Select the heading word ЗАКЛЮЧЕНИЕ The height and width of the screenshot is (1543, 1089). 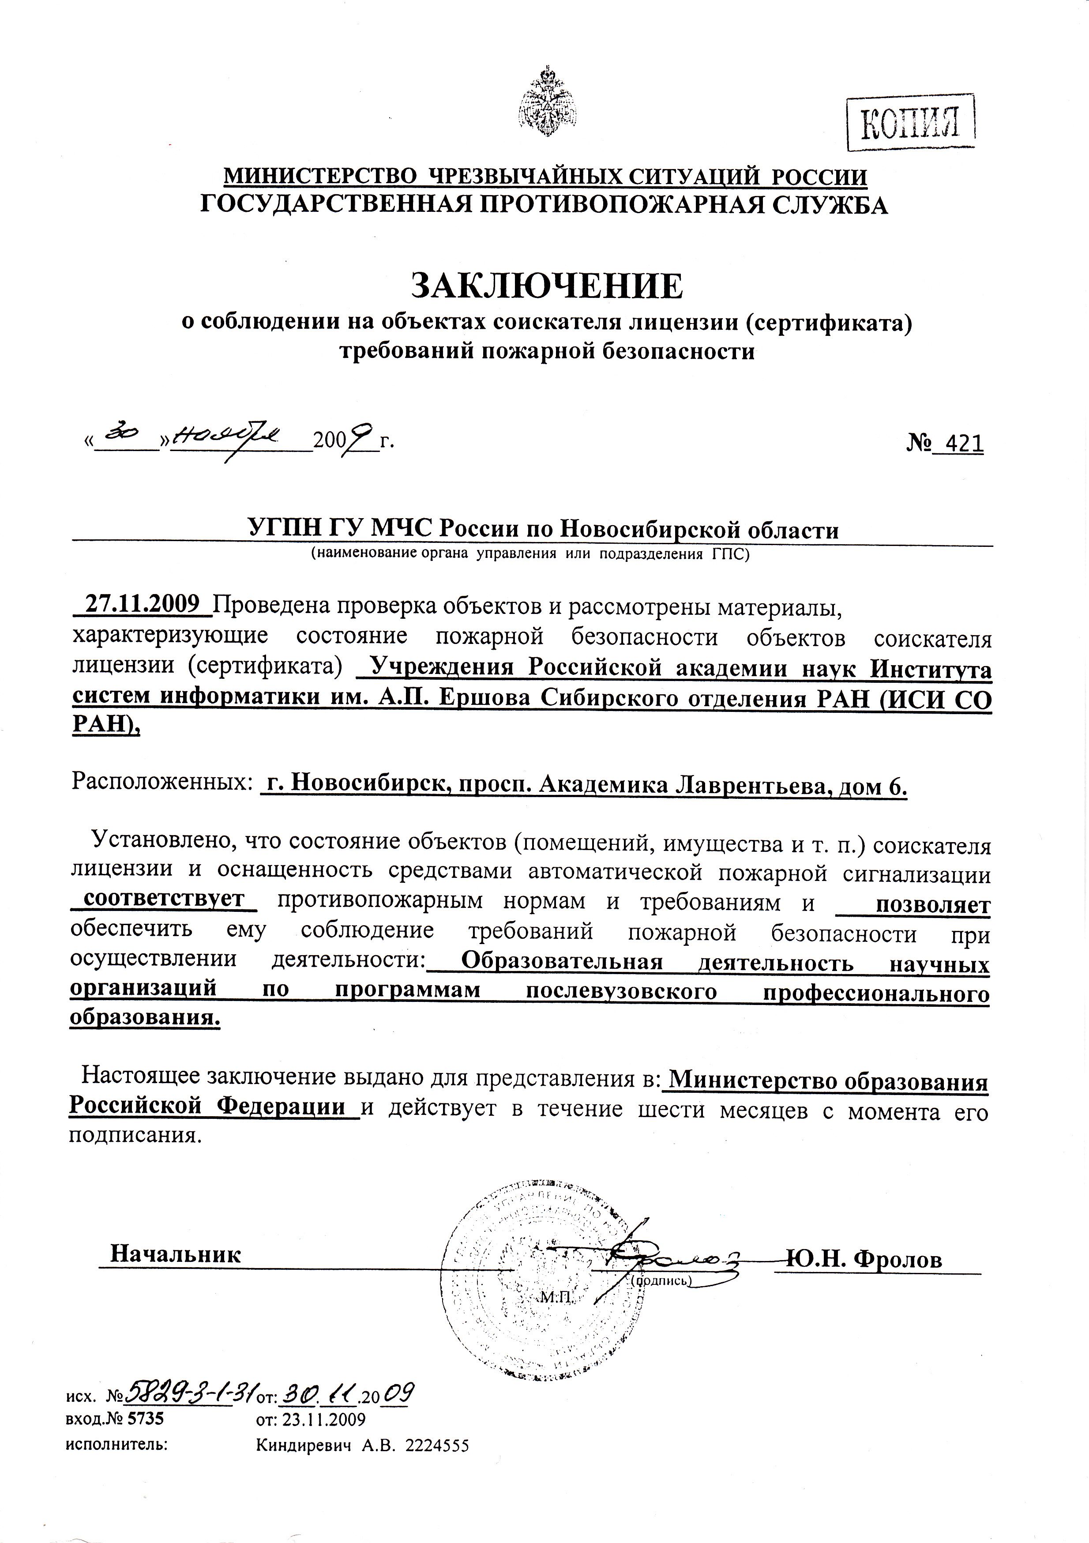(546, 285)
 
